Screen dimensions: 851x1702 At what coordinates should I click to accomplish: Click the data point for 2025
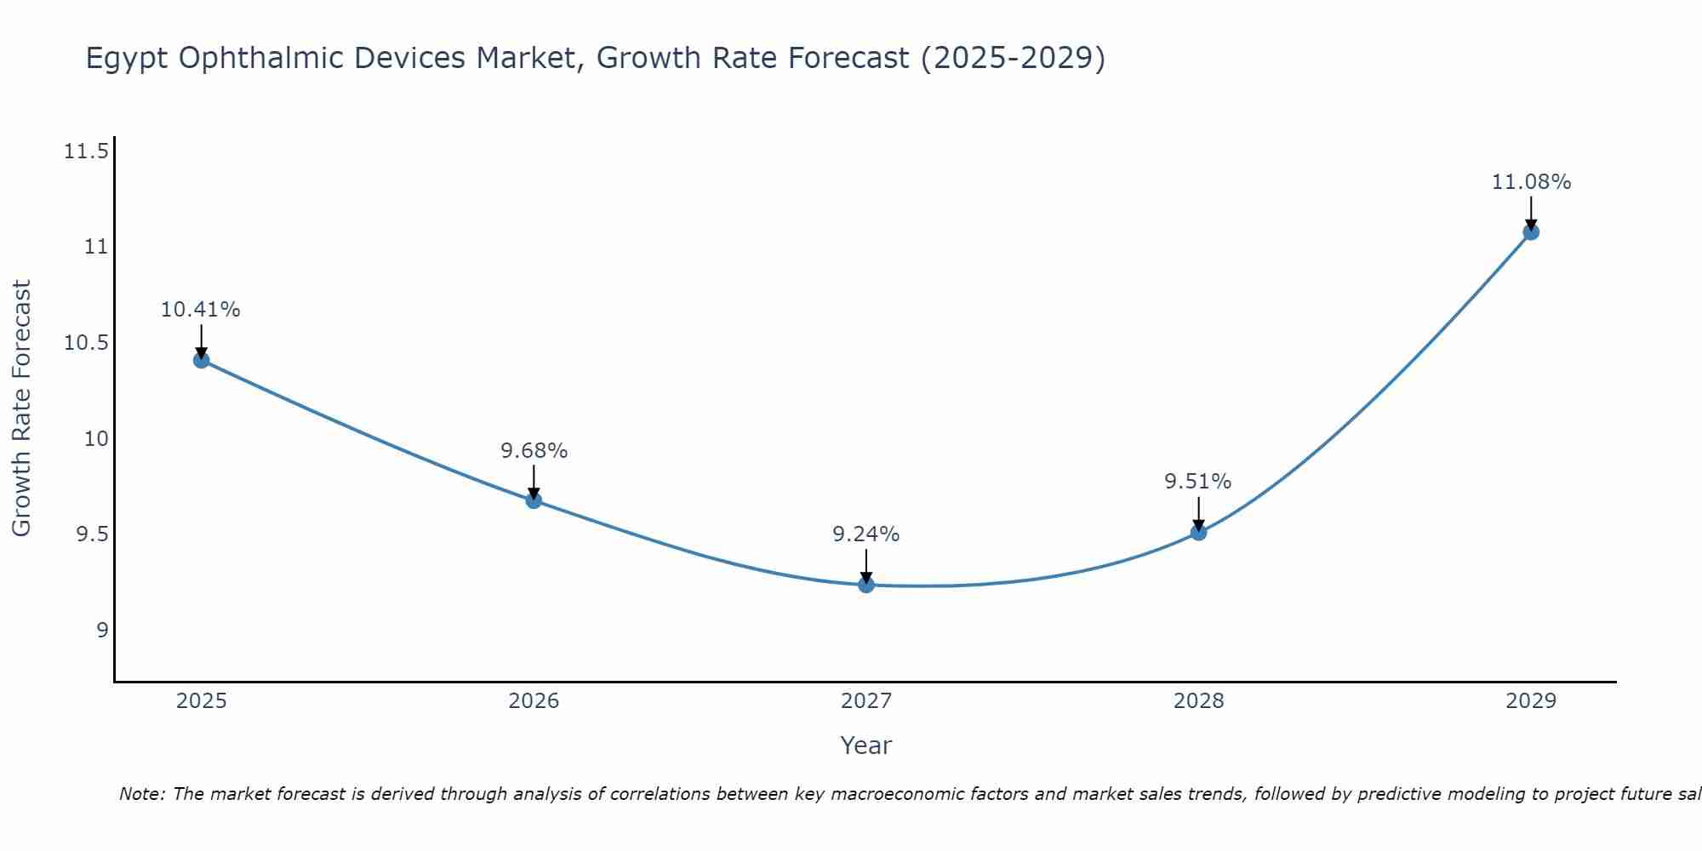[201, 360]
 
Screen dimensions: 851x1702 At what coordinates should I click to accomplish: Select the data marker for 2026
[534, 500]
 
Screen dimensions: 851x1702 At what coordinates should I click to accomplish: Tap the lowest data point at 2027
[866, 585]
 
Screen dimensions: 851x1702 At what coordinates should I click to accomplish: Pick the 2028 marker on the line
[1198, 533]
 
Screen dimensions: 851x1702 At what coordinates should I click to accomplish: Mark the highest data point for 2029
[1531, 231]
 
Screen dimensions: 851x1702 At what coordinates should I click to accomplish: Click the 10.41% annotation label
[201, 310]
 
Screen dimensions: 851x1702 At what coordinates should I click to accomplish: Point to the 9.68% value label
[534, 451]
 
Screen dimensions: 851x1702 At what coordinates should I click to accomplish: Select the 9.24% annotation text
[866, 534]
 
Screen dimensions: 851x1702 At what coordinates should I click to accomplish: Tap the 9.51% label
[1198, 482]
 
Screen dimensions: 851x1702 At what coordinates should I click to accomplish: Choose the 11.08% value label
[1531, 182]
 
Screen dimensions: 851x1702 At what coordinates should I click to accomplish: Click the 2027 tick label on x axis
[866, 701]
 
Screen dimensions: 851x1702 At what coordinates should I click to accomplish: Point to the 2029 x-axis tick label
[1531, 701]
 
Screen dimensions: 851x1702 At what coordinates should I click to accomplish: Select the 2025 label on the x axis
[201, 701]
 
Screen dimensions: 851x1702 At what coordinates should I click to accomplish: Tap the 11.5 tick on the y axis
[86, 152]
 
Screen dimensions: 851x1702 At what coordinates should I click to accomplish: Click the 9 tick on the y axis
[102, 631]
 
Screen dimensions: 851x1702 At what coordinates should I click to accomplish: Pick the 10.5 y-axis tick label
[86, 344]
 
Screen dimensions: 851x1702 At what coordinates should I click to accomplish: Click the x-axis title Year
[865, 745]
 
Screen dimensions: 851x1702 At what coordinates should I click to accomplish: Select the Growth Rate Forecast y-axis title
[21, 408]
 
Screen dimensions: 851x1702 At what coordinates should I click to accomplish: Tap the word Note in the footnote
[142, 794]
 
